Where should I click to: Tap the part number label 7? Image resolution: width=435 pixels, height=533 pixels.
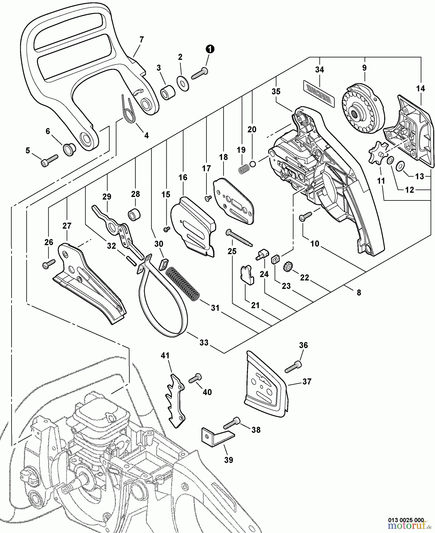141,39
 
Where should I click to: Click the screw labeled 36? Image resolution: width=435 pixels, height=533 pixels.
293,367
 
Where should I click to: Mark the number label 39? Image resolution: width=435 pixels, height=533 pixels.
229,460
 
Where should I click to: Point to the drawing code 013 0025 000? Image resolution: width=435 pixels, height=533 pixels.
406,519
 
